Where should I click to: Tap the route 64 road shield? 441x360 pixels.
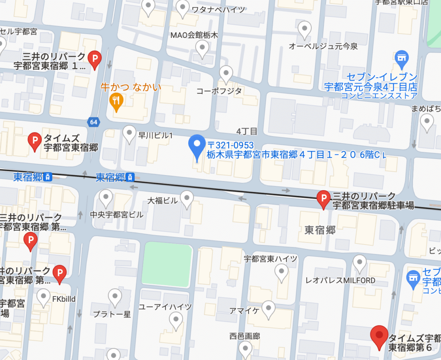point(93,122)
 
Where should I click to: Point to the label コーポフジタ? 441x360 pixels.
point(219,91)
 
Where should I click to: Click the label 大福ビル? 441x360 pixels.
point(163,201)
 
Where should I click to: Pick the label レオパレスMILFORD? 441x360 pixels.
point(340,281)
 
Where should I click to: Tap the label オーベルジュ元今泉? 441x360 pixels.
point(323,46)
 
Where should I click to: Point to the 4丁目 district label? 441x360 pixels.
point(247,131)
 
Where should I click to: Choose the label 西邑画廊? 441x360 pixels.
point(245,336)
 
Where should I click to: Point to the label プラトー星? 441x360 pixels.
point(112,314)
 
